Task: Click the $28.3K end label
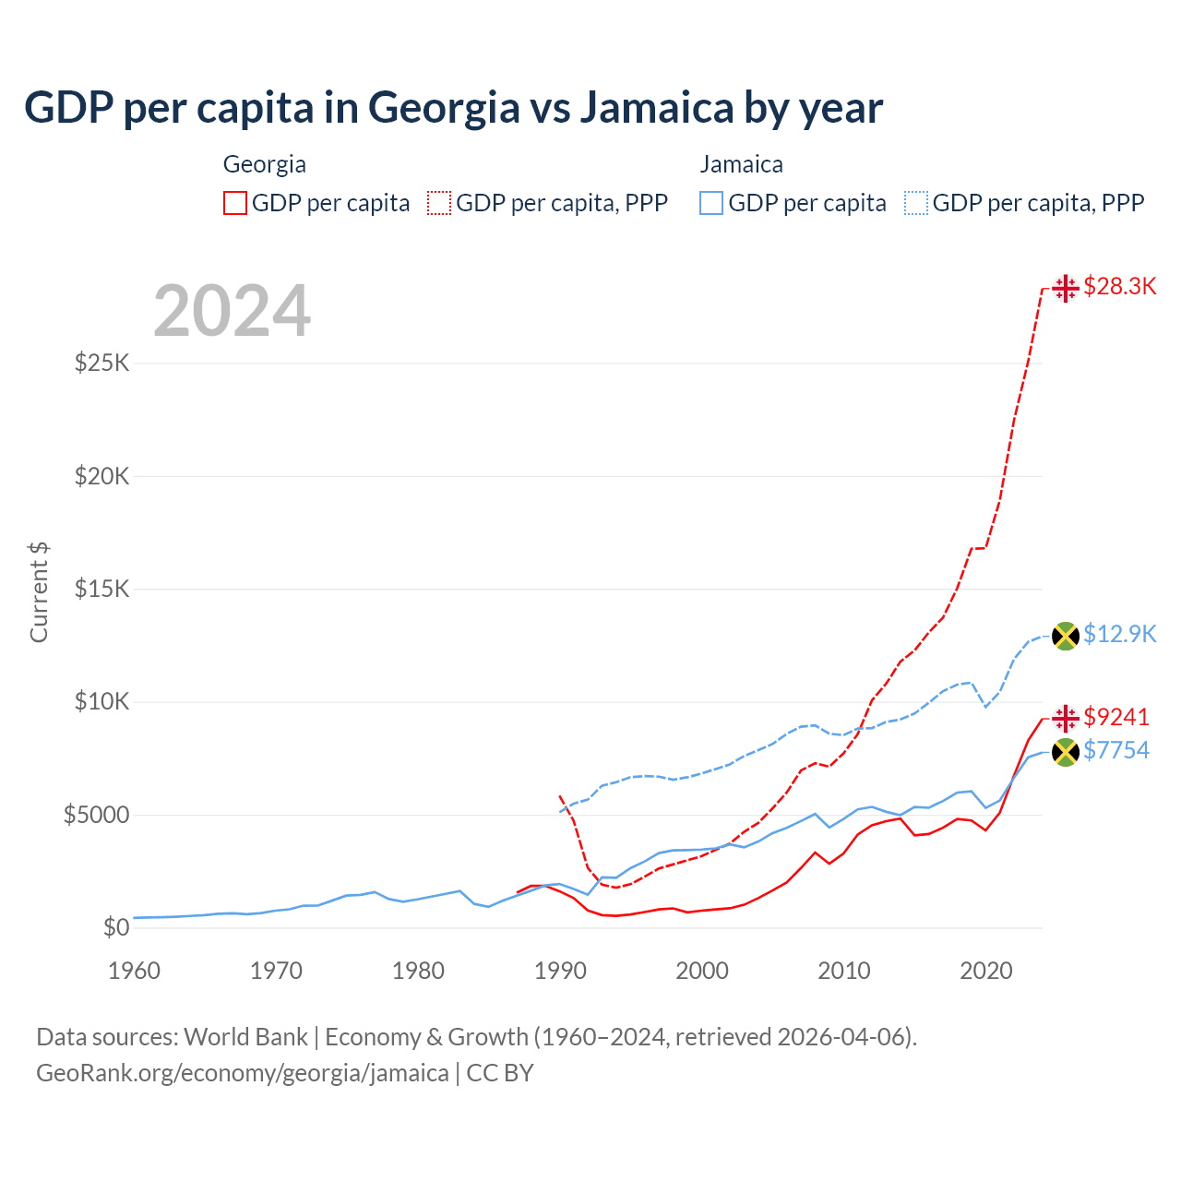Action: [x=1119, y=287]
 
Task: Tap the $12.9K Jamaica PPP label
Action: [x=1119, y=635]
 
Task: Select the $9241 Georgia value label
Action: [x=1116, y=717]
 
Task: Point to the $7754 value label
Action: [x=1116, y=751]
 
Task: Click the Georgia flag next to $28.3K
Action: [x=1066, y=288]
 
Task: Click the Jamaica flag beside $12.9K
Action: [x=1066, y=636]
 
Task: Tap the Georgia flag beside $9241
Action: [x=1066, y=718]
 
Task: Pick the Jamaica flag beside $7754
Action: [x=1066, y=752]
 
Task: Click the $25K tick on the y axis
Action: [x=102, y=363]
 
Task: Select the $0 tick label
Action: [x=115, y=928]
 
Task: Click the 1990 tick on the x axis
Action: [x=560, y=971]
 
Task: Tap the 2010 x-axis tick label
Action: [x=844, y=971]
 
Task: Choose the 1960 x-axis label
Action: [x=135, y=971]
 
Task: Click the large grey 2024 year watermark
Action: [x=232, y=311]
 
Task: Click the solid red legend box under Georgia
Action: [x=235, y=203]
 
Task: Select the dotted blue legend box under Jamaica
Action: [x=916, y=203]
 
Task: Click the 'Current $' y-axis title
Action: [x=39, y=592]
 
